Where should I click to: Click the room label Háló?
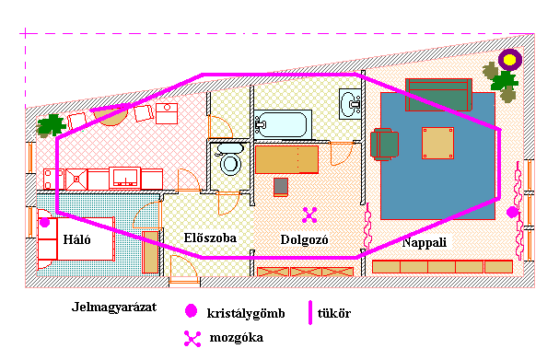(x=76, y=239)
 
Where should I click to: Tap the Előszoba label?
(x=210, y=238)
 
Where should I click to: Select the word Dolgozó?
(x=304, y=239)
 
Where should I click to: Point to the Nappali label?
(x=425, y=242)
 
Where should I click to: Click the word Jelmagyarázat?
(x=114, y=307)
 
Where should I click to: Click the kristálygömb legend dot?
(x=191, y=311)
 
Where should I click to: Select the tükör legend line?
(x=310, y=313)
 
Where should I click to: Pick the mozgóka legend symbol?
(x=192, y=339)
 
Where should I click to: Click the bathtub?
(x=283, y=124)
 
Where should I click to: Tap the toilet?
(x=230, y=159)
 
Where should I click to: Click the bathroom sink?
(x=350, y=104)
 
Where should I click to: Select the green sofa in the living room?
(x=439, y=95)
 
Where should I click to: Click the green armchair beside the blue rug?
(x=384, y=145)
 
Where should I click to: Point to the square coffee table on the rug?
(x=437, y=143)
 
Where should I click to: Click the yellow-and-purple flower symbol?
(x=510, y=60)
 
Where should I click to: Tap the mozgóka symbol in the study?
(x=309, y=215)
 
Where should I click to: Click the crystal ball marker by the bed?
(x=44, y=223)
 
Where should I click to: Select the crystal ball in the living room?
(x=512, y=213)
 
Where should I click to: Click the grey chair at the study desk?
(x=281, y=187)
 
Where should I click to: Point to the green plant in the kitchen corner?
(x=51, y=125)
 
